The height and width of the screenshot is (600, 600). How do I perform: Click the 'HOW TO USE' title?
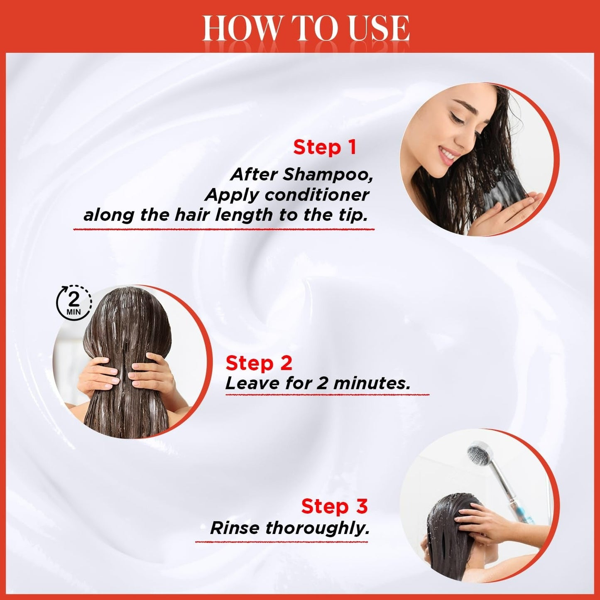point(306,29)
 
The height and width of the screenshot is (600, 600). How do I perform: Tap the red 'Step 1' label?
point(324,147)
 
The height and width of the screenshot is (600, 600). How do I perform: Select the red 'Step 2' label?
point(259,363)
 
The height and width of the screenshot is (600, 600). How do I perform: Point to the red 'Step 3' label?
point(334,506)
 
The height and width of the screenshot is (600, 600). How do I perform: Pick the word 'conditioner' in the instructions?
point(317,196)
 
